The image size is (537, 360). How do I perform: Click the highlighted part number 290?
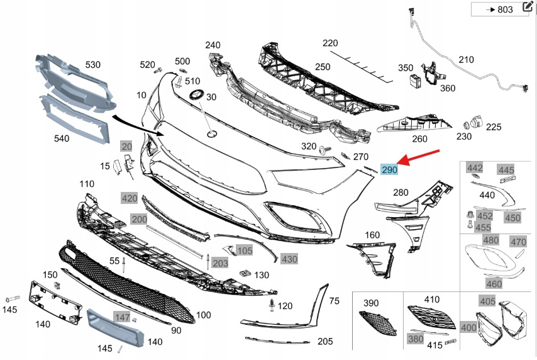point(389,170)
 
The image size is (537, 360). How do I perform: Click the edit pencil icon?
point(527,8)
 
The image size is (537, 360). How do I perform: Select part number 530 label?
point(93,64)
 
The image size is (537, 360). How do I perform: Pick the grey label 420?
point(130,198)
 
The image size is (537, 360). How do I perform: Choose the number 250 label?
point(323,67)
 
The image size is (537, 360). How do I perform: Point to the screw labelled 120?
point(271,306)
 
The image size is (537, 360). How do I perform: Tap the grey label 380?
point(416,338)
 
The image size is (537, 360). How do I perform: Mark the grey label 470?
point(518,242)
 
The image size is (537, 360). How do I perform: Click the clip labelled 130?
point(246,274)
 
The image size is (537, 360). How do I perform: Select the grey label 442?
point(474,168)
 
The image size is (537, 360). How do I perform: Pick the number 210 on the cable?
point(466,60)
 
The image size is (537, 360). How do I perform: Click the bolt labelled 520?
point(158,69)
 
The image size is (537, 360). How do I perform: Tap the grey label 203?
point(220,263)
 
